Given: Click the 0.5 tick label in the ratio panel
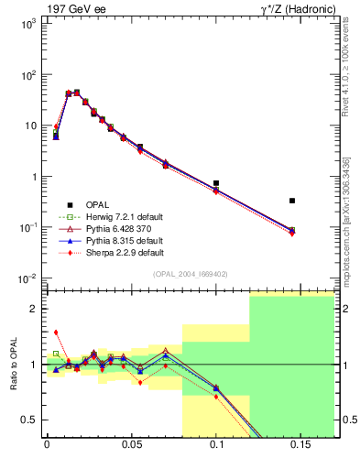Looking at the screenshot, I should tap(29, 420).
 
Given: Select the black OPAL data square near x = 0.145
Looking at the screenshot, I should tap(292, 200).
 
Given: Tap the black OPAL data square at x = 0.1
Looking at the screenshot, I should tap(216, 183).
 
